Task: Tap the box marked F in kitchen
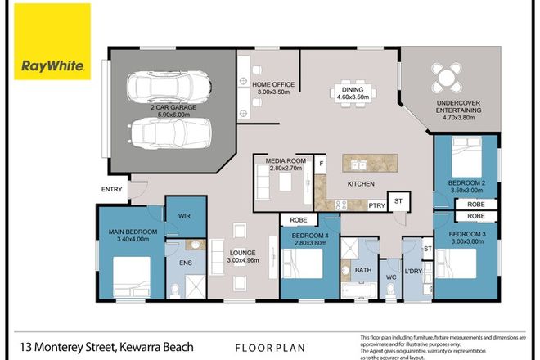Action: (320, 163)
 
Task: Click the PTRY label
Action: (376, 206)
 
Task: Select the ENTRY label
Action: (111, 189)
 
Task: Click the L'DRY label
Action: (414, 272)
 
